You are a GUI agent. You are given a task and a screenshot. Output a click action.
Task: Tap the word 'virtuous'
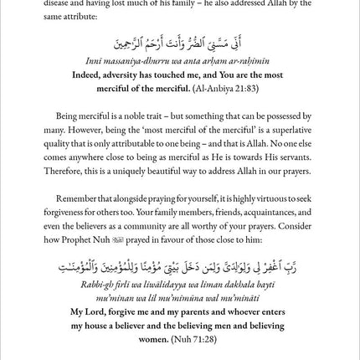click(x=271, y=199)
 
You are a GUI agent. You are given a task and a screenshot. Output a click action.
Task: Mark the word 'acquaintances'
click(x=264, y=212)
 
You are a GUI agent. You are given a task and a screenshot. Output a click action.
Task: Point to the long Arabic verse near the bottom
click(x=180, y=267)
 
